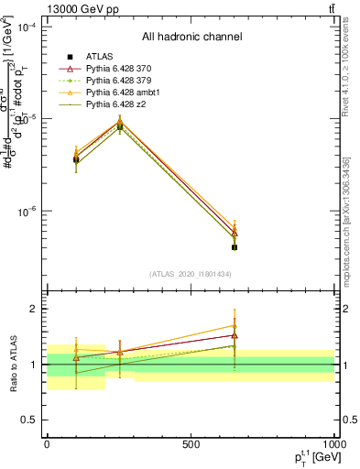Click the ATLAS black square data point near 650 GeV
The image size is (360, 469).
click(x=235, y=247)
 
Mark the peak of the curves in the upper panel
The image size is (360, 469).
click(x=120, y=122)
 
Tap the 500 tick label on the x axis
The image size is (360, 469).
click(x=191, y=444)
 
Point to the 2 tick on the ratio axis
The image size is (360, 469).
click(x=34, y=310)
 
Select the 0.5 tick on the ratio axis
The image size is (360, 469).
click(x=30, y=420)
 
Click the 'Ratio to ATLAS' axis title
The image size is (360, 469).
click(x=10, y=364)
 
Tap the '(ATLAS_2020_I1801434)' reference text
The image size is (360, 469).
click(x=191, y=274)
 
